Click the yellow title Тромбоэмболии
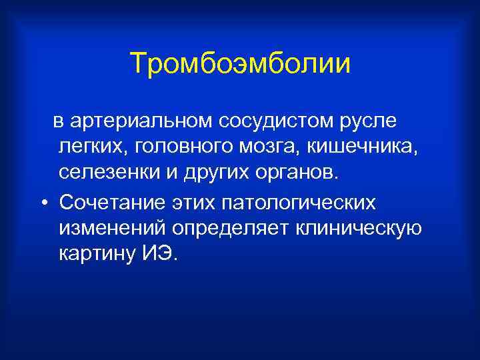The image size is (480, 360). pyautogui.click(x=240, y=64)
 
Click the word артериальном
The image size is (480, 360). pyautogui.click(x=140, y=121)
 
